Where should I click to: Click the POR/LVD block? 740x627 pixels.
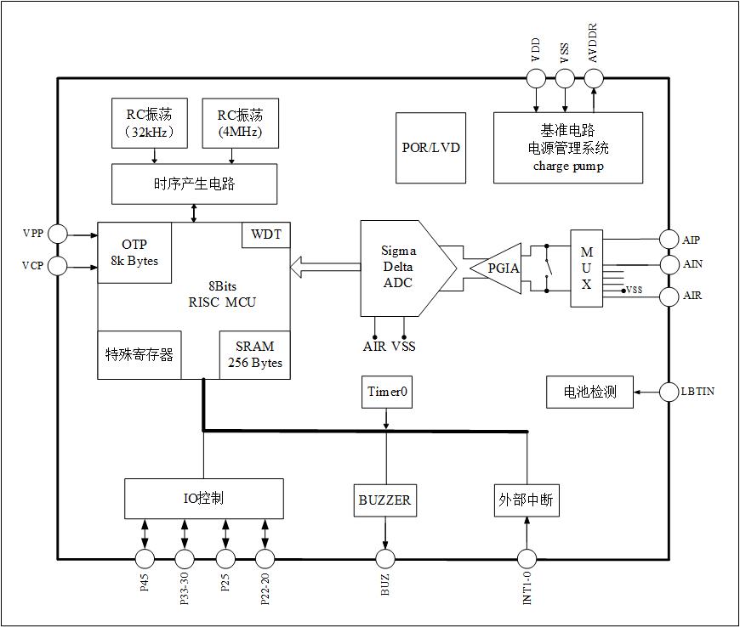(x=431, y=148)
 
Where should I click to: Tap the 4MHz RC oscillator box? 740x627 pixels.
(x=239, y=124)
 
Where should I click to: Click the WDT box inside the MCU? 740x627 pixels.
(x=265, y=235)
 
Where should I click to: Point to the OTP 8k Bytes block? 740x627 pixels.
(x=134, y=252)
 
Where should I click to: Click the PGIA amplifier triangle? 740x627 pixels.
(x=499, y=268)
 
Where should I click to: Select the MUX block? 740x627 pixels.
(x=586, y=268)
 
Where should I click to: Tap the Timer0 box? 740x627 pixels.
(x=387, y=391)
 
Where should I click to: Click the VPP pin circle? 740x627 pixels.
(x=58, y=233)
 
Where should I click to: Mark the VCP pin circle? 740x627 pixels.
(x=58, y=267)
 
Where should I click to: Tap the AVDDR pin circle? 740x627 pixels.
(x=593, y=78)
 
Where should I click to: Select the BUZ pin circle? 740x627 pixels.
(x=386, y=558)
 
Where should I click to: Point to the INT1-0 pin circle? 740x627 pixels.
(x=527, y=558)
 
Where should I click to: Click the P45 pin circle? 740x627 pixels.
(x=145, y=558)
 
